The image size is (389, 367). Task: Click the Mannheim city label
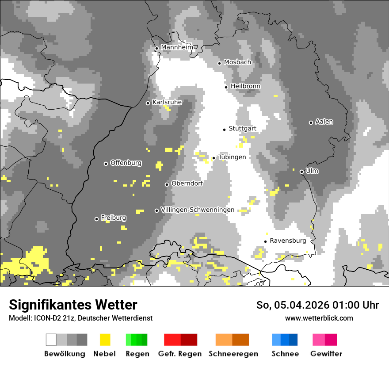[x=177, y=47]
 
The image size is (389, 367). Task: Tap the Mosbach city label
[x=237, y=62]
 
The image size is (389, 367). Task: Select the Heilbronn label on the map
[x=245, y=86]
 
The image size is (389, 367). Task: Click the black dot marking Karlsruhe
[x=148, y=103]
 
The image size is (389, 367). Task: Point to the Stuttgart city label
[x=242, y=129]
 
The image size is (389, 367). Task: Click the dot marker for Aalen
[x=311, y=122]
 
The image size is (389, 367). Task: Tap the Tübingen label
[x=232, y=157]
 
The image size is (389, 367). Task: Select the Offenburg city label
[x=126, y=163]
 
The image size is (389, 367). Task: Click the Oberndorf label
[x=187, y=183]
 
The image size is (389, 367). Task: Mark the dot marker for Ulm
[x=301, y=172]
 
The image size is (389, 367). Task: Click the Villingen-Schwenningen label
[x=198, y=210]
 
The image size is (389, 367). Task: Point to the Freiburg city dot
[x=96, y=219]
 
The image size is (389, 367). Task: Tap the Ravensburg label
[x=288, y=241]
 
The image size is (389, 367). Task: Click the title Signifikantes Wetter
[x=73, y=305]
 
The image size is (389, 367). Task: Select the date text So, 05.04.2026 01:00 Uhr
[x=317, y=305]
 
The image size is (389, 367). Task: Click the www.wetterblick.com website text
[x=319, y=318]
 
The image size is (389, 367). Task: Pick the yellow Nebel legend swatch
[x=105, y=340]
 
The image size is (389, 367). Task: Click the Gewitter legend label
[x=326, y=354]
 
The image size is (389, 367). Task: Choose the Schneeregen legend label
[x=233, y=354]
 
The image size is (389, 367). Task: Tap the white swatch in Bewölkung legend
[x=51, y=340]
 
